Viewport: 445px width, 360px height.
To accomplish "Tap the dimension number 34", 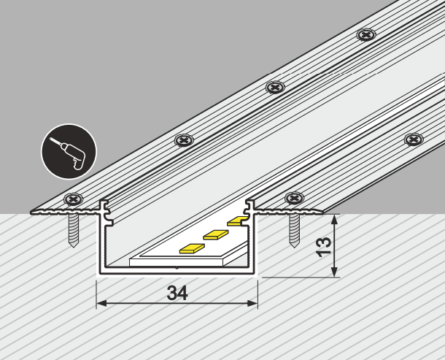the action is (177, 293).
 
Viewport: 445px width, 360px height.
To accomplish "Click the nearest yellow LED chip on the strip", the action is (192, 248).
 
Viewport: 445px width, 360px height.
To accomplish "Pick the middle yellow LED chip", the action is (216, 234).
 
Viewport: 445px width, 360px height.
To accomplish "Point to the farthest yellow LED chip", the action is (237, 221).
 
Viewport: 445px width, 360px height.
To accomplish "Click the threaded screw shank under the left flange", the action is (73, 230).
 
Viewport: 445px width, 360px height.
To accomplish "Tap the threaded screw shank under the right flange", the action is (294, 230).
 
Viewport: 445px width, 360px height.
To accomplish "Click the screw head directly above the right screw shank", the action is (294, 198).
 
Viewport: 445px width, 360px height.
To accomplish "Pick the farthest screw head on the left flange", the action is (366, 34).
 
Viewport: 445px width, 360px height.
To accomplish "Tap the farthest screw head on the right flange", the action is (414, 139).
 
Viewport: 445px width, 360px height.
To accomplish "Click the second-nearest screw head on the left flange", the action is (184, 140).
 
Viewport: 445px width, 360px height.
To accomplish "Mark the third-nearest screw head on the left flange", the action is (275, 87).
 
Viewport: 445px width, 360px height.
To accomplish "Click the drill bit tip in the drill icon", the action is (50, 139).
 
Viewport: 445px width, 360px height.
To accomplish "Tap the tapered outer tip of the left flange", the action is (31, 212).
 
